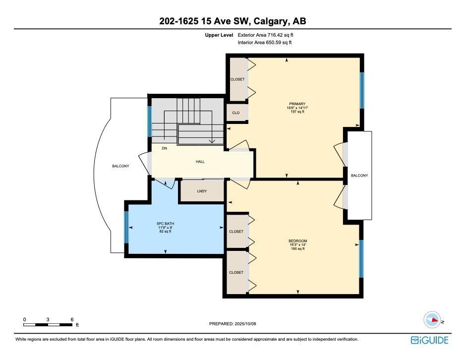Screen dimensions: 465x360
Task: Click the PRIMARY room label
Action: (297, 104)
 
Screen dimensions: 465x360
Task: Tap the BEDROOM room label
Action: (298, 241)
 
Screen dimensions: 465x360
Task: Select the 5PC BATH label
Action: (166, 224)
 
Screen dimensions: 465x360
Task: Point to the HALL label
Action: (200, 162)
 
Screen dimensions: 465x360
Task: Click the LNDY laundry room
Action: (202, 191)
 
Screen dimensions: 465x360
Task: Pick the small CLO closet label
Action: (236, 113)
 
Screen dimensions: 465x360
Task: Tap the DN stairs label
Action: (164, 148)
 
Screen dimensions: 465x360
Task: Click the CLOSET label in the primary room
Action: (237, 79)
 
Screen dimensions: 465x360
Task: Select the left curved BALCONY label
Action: (120, 166)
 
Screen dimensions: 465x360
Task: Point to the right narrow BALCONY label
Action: (359, 176)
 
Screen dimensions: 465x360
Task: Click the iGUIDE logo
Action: (429, 340)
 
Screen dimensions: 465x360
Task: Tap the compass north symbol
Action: (432, 320)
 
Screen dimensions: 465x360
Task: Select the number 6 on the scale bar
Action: (72, 319)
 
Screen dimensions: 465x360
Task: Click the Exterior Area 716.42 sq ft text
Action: (265, 35)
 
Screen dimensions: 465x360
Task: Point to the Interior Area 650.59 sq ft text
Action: (265, 43)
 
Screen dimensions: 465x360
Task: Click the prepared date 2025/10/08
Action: (245, 324)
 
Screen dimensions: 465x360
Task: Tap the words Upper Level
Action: (219, 35)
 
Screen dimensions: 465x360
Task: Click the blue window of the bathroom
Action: (126, 227)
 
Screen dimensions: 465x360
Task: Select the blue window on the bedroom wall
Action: (361, 258)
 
